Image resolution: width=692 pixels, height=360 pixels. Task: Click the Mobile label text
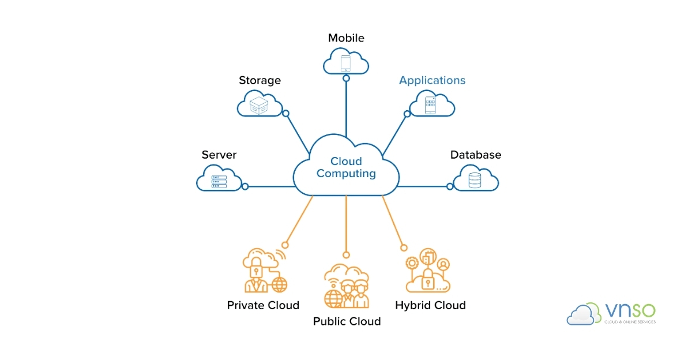pyautogui.click(x=346, y=38)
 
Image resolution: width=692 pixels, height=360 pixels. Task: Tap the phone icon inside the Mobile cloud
pyautogui.click(x=346, y=62)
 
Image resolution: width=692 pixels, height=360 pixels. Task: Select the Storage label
pyautogui.click(x=259, y=80)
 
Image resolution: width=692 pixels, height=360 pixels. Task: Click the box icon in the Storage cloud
pyautogui.click(x=259, y=105)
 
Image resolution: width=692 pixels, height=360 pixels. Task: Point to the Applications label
pyautogui.click(x=432, y=80)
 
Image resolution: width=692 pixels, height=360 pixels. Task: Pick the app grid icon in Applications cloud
pyautogui.click(x=431, y=105)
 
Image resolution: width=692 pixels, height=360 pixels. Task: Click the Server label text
pyautogui.click(x=219, y=155)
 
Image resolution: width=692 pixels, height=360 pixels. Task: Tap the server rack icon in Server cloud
pyautogui.click(x=219, y=182)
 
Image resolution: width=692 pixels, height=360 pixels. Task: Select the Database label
pyautogui.click(x=476, y=155)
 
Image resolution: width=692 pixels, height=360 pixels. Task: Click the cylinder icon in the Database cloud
pyautogui.click(x=475, y=181)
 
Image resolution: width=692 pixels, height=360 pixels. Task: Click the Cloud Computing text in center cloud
pyautogui.click(x=346, y=167)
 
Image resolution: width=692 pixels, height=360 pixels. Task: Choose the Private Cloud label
pyautogui.click(x=263, y=305)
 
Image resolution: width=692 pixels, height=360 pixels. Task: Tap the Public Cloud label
pyautogui.click(x=347, y=321)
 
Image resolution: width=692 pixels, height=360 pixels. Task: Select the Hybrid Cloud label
pyautogui.click(x=430, y=305)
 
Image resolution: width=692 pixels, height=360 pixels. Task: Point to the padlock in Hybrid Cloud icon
pyautogui.click(x=428, y=279)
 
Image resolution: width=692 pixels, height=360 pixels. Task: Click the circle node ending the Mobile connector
pyautogui.click(x=346, y=78)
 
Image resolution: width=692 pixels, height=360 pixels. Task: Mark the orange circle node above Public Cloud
pyautogui.click(x=346, y=254)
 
